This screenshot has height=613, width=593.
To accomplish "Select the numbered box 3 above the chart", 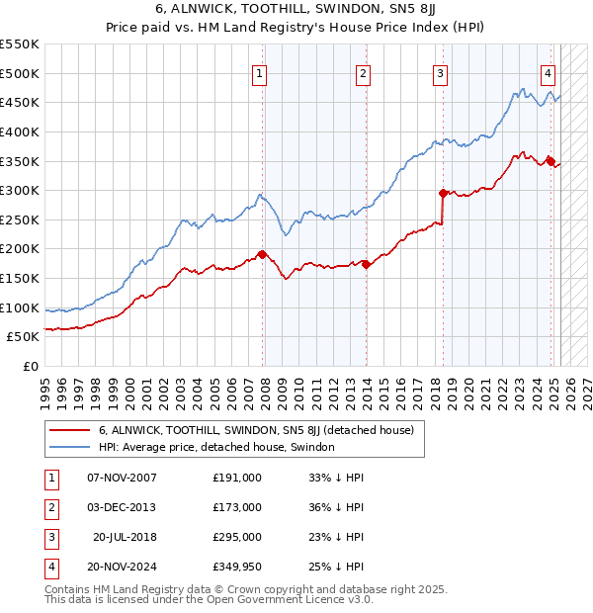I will click(x=440, y=72).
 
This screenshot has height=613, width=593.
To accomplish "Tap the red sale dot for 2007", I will click(x=262, y=254).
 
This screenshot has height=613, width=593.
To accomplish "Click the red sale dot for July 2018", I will click(x=443, y=193).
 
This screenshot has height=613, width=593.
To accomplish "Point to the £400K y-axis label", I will click(x=20, y=131).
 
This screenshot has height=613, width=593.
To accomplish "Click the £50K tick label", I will click(x=24, y=337).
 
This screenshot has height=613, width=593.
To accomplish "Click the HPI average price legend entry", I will click(x=216, y=447).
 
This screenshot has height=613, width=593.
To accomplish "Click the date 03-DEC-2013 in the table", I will click(x=122, y=507).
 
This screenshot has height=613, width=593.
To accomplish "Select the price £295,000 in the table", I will click(x=237, y=537).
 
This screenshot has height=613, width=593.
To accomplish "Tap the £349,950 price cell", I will click(x=237, y=567).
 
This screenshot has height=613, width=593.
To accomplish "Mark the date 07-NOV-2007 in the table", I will click(x=122, y=478).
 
